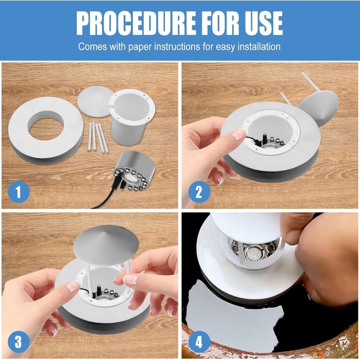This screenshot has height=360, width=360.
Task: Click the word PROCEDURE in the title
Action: click(x=136, y=23)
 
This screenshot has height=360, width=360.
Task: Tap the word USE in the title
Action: click(x=264, y=23)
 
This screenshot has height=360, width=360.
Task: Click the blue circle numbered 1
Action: click(x=18, y=192)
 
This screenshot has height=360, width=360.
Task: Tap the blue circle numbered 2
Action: click(x=199, y=192)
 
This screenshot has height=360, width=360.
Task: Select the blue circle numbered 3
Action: click(x=18, y=342)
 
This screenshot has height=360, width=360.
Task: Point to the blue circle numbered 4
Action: click(x=199, y=342)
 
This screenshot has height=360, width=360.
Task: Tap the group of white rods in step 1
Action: click(x=98, y=137)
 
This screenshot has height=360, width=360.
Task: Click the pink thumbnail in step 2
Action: click(x=238, y=134)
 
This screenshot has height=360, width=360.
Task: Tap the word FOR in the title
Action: click(x=220, y=23)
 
